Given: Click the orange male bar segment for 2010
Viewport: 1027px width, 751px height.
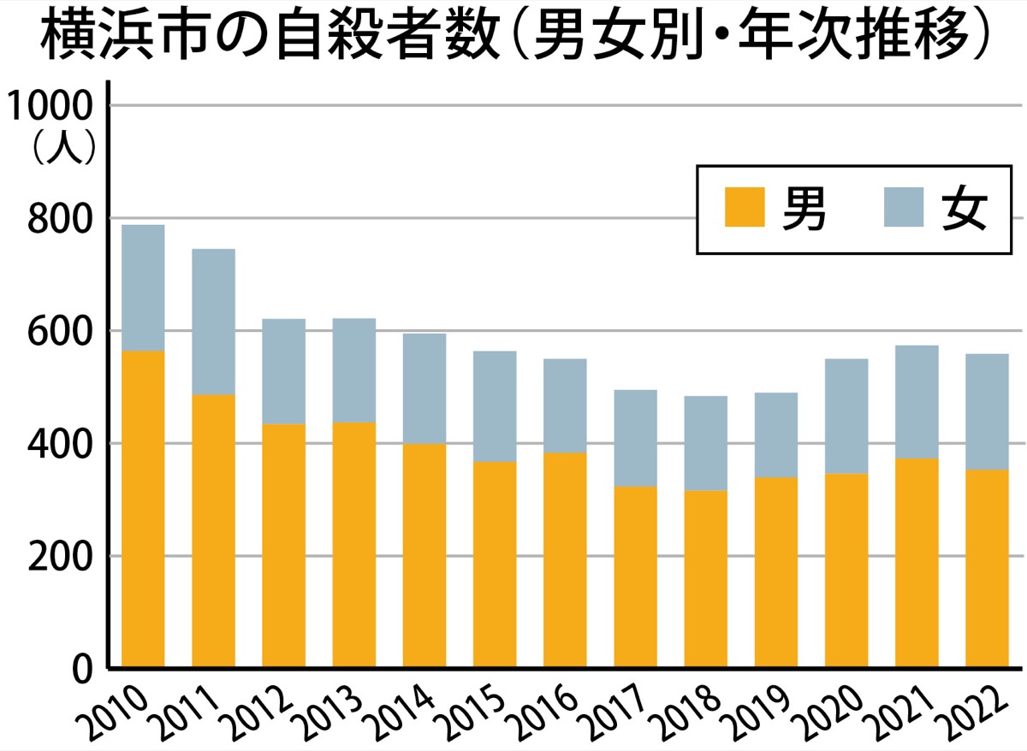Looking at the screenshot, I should [143, 509].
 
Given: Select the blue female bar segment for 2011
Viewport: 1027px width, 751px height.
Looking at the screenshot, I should [213, 322].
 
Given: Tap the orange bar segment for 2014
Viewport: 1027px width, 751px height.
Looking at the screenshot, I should [424, 555].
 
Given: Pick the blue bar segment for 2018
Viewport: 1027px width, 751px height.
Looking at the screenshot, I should [705, 443].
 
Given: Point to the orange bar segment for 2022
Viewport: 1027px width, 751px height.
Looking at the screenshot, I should [987, 568].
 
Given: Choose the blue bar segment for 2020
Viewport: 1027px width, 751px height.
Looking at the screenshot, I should [846, 416].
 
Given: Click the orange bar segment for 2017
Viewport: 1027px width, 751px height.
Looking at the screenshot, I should [635, 577].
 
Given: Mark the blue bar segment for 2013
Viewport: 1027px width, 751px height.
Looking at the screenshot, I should [353, 370].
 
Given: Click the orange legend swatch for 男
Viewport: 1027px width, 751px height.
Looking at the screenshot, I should [744, 208].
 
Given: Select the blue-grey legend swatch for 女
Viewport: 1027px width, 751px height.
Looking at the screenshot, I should [904, 208].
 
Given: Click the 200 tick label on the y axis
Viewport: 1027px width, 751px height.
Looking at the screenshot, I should [61, 557].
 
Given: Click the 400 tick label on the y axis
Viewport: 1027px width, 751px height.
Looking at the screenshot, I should [61, 444].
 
